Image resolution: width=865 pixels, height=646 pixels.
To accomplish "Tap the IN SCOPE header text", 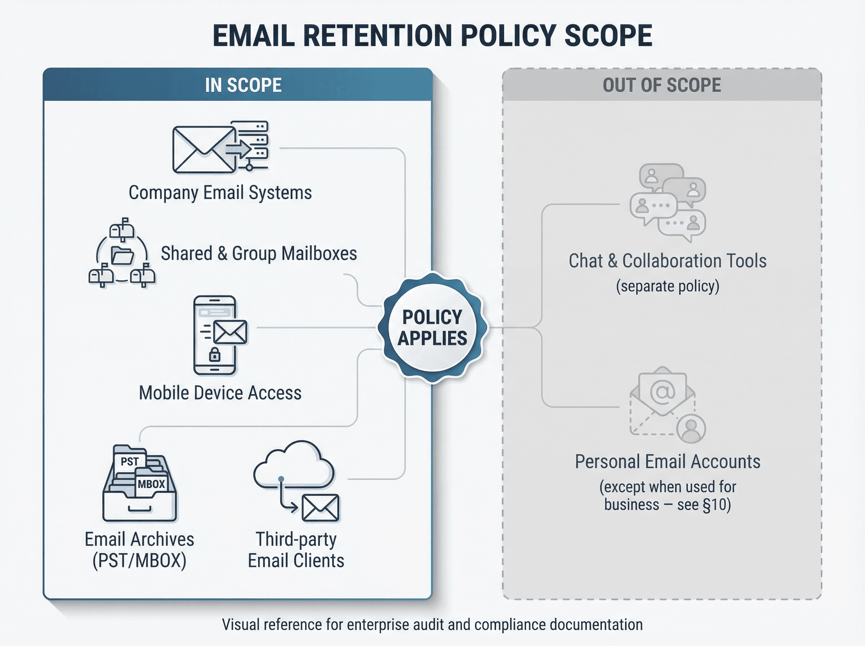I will (243, 85).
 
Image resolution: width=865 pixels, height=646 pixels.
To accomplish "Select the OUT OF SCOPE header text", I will (662, 85).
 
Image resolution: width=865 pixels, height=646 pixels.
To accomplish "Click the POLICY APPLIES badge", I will (432, 328).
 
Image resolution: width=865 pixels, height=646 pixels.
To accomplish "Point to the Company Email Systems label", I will (220, 193).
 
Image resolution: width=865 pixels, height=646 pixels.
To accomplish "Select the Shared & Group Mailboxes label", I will (259, 254).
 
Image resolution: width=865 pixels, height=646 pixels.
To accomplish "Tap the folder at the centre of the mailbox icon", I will (122, 255).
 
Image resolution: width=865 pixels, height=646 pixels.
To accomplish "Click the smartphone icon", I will (215, 335).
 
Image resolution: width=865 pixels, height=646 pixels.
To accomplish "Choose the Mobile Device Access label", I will (220, 393).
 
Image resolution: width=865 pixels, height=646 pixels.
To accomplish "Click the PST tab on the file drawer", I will (130, 462).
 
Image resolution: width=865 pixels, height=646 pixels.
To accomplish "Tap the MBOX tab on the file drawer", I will (151, 484).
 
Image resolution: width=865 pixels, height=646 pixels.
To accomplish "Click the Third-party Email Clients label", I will (296, 550).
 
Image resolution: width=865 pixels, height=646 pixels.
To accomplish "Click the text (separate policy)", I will (667, 287).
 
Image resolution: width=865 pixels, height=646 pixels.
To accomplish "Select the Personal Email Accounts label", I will (667, 462).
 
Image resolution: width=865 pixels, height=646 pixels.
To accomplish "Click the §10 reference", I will (717, 505).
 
